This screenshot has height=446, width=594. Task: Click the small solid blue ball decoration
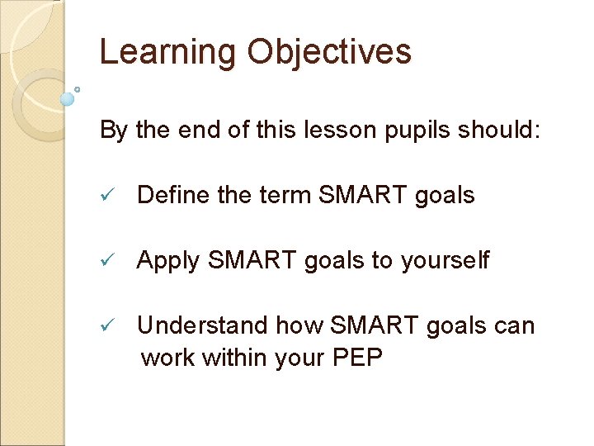[68, 99]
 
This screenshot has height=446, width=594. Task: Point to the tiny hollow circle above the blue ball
[77, 88]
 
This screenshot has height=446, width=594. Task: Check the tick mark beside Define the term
[106, 196]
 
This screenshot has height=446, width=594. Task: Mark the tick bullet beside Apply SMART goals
[106, 261]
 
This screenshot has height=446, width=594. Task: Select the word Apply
[168, 261]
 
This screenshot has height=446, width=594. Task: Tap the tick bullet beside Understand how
[106, 326]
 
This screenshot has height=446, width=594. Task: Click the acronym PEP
[356, 359]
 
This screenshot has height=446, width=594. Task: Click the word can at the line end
[514, 326]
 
